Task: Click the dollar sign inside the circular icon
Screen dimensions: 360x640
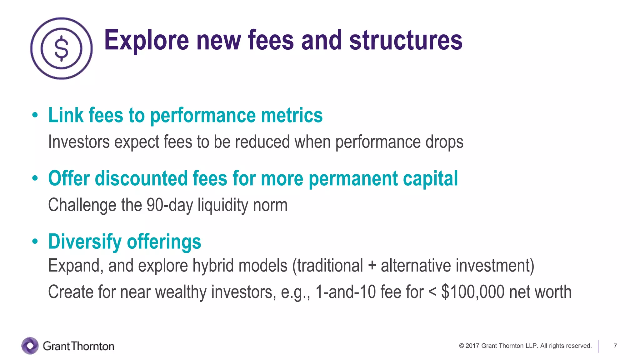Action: pos(61,48)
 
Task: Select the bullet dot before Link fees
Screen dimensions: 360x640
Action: pos(35,115)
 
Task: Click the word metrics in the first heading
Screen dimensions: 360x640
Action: pos(292,115)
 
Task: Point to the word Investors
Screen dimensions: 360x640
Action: pos(79,142)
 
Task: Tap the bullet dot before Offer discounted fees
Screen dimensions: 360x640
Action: pos(35,178)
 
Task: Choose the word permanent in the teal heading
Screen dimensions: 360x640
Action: pos(353,179)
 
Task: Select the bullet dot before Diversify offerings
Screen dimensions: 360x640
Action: pos(35,242)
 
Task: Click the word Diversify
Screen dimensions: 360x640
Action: pos(85,242)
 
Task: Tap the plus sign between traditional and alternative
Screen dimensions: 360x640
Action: pos(372,266)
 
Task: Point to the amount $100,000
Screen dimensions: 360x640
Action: pos(472,292)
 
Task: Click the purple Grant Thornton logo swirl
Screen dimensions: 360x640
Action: pos(30,346)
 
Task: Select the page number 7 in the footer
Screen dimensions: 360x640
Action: pos(615,346)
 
